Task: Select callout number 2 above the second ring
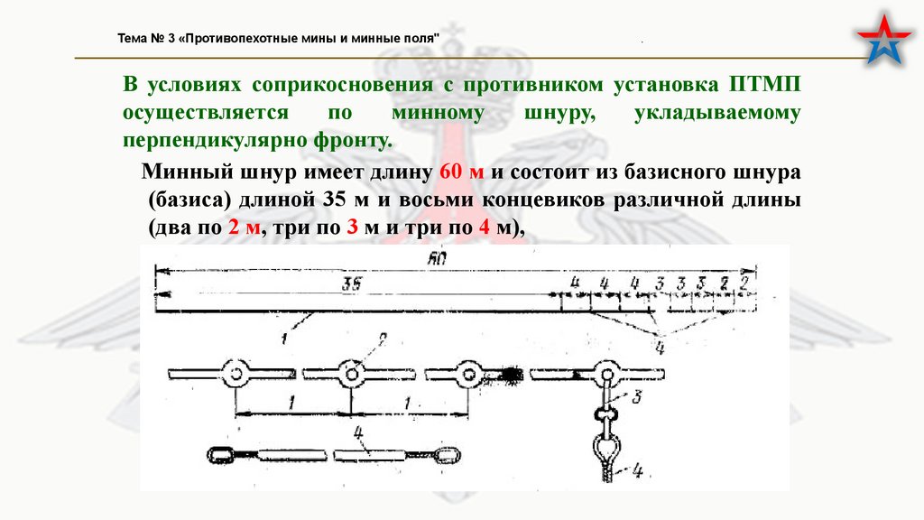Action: point(381,339)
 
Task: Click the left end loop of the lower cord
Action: point(220,453)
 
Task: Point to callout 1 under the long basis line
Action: point(282,339)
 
